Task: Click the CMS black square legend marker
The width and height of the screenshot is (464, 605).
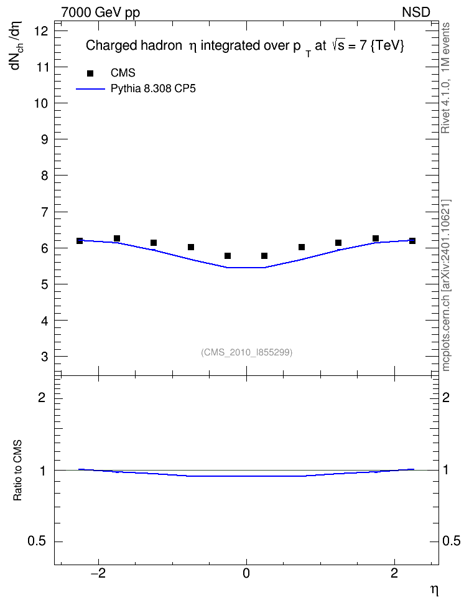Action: [90, 73]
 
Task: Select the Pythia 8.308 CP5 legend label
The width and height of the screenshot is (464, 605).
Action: [153, 89]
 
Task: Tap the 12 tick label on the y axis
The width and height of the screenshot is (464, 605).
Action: [41, 31]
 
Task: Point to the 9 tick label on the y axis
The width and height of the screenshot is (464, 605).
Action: [44, 139]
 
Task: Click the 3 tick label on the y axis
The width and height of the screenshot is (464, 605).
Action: [44, 357]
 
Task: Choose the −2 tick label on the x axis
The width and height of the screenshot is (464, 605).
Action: [98, 573]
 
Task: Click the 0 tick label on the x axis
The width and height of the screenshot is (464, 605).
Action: [246, 573]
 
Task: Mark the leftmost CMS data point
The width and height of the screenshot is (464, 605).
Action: [80, 241]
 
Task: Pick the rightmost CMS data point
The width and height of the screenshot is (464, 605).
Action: [412, 241]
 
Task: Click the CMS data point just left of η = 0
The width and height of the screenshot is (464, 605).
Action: [228, 256]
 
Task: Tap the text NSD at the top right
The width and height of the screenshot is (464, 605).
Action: [415, 12]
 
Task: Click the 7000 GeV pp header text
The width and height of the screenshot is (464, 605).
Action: [100, 12]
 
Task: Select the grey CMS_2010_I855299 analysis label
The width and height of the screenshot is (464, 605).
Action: [247, 352]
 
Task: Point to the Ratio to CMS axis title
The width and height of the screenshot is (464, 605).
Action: [17, 471]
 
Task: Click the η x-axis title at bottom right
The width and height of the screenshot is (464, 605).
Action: [434, 590]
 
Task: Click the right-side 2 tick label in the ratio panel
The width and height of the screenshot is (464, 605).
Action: [445, 397]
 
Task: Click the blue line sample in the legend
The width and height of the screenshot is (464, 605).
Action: [90, 89]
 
